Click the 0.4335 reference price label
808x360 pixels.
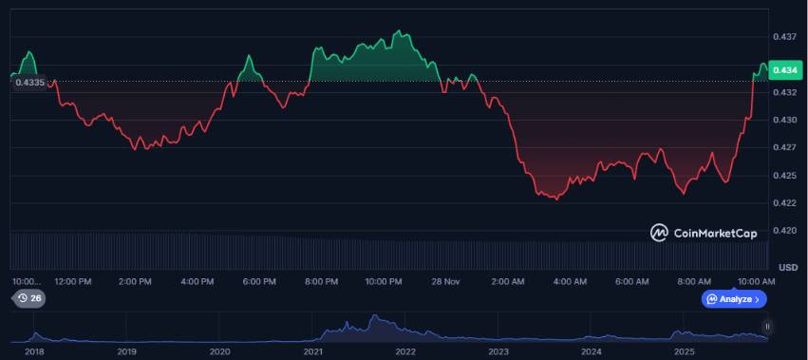[30, 83]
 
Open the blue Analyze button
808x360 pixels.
[734, 299]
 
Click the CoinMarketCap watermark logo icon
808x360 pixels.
[658, 232]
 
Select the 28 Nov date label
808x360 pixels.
[445, 282]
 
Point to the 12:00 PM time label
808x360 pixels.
[73, 282]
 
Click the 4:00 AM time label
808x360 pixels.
[569, 282]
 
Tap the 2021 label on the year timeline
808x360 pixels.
[313, 351]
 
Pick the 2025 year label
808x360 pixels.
[685, 351]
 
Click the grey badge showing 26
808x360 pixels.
[28, 299]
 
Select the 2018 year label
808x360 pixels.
[34, 351]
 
